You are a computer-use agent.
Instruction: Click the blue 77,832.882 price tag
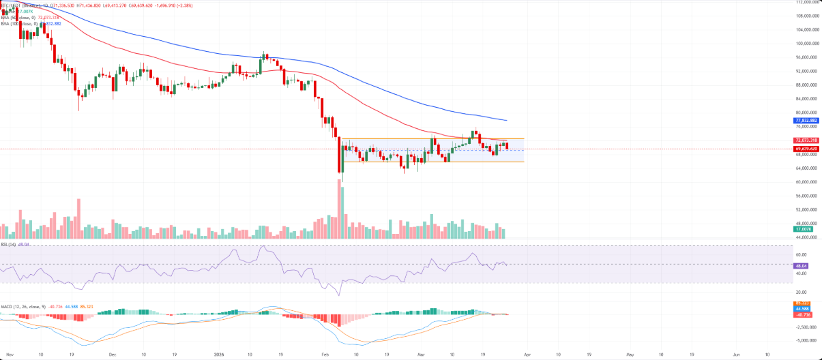pyautogui.click(x=806, y=121)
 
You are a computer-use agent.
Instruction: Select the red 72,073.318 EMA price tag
pyautogui.click(x=806, y=140)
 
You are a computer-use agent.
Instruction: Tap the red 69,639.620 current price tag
pyautogui.click(x=806, y=149)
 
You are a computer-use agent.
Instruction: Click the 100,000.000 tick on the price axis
pyautogui.click(x=807, y=44)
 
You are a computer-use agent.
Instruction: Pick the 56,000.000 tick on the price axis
pyautogui.click(x=807, y=196)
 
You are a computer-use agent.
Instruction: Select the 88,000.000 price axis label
pyautogui.click(x=807, y=85)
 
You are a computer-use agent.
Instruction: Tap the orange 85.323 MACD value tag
pyautogui.click(x=802, y=303)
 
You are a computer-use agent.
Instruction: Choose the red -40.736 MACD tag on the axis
pyautogui.click(x=802, y=314)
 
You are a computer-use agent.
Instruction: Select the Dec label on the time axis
pyautogui.click(x=113, y=355)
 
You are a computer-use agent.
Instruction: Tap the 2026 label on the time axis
pyautogui.click(x=219, y=355)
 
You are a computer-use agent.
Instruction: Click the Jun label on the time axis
pyautogui.click(x=737, y=355)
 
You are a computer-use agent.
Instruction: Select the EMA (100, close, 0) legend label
pyautogui.click(x=20, y=23)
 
